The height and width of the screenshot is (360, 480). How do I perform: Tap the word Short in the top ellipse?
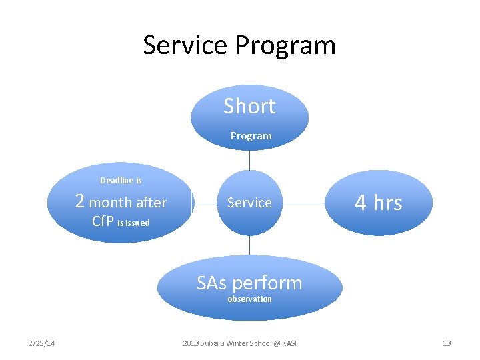point(249,106)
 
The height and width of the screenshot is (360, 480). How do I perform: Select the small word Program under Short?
point(251,136)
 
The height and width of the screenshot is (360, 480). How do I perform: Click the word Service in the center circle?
point(249,203)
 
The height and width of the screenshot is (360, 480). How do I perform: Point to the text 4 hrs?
point(379,202)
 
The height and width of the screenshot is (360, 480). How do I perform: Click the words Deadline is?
point(121,181)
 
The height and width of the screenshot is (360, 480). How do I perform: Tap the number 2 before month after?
point(80,201)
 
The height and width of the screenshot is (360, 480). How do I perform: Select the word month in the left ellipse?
point(111,203)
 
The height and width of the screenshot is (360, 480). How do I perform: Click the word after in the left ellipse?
point(151,203)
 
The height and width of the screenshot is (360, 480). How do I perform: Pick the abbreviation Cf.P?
point(103,221)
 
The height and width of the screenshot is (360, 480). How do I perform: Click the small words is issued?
point(134,223)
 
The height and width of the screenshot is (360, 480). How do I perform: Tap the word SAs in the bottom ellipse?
point(211,283)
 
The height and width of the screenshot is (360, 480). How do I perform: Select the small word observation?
point(249,299)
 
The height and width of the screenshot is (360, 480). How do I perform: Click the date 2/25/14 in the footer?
point(41,343)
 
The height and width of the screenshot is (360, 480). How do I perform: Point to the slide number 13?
point(447,343)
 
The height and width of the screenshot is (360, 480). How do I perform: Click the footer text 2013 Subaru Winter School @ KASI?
point(240,343)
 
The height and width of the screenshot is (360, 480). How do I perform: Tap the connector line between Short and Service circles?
point(249,160)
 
